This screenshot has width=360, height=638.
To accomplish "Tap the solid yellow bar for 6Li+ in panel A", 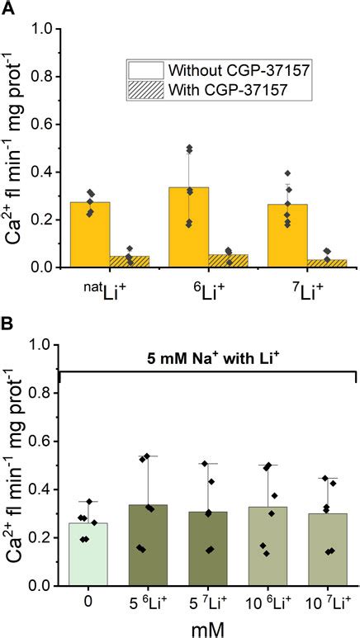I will coord(189,227).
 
